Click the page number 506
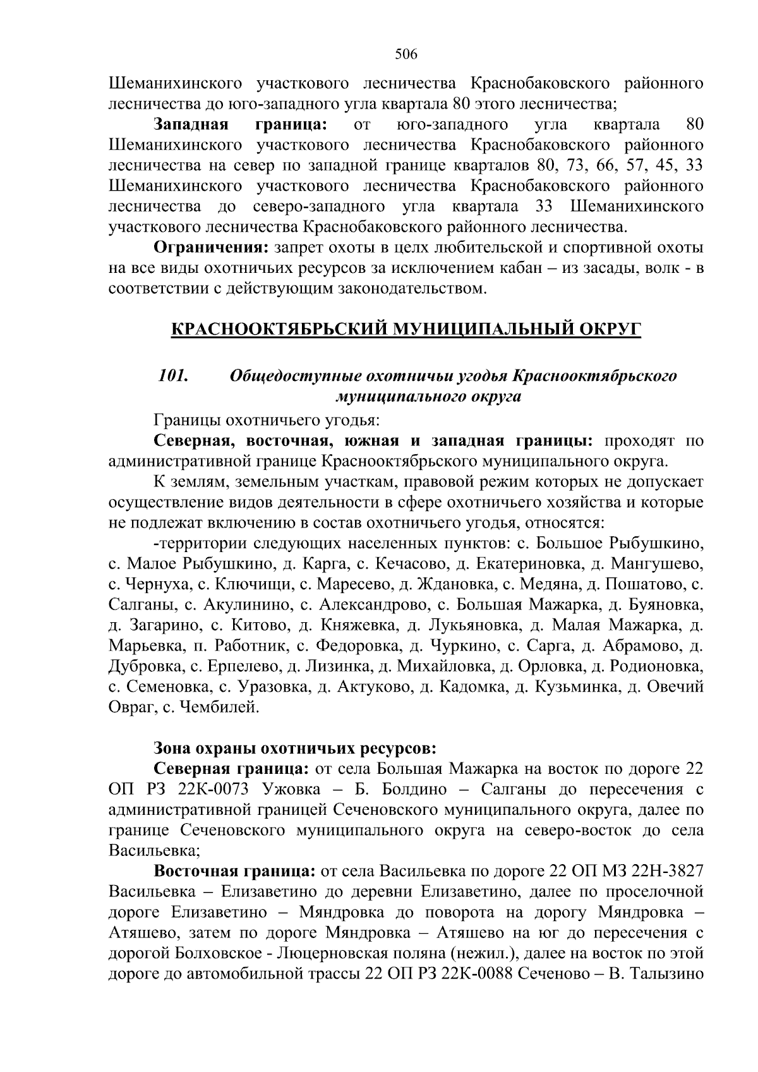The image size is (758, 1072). [x=406, y=54]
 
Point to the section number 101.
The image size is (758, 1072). [x=173, y=376]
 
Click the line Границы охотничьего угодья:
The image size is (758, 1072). [x=266, y=419]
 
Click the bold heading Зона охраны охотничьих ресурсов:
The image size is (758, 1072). [x=295, y=749]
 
